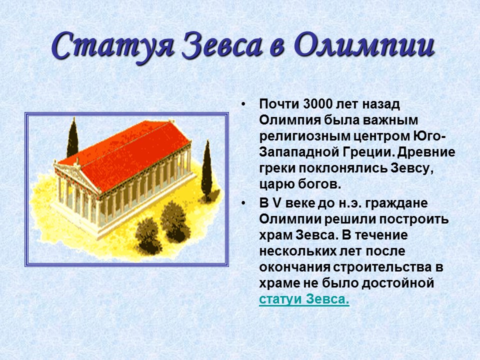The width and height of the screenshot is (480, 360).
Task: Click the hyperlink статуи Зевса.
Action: [x=304, y=299]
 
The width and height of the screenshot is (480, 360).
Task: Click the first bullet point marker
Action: [x=243, y=105]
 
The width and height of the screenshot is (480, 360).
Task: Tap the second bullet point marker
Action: [x=243, y=204]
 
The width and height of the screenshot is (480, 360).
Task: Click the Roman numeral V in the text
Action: [x=276, y=204]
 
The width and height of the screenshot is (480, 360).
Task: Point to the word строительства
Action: [x=376, y=267]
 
